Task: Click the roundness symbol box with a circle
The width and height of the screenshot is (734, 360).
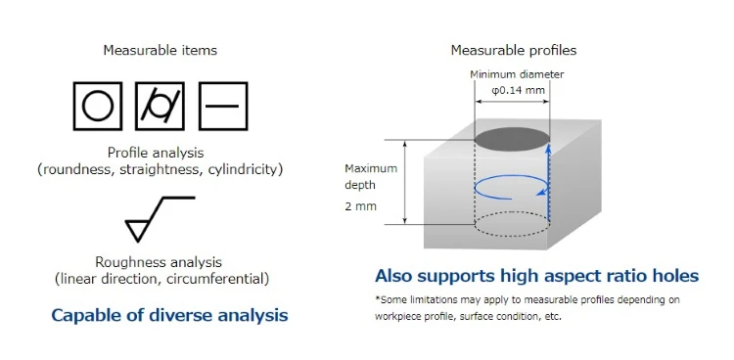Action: tap(98, 105)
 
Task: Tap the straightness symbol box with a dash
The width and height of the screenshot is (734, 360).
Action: tap(223, 105)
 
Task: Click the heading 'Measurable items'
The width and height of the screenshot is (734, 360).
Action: tap(161, 50)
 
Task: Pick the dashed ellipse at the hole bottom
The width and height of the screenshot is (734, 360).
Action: tap(512, 224)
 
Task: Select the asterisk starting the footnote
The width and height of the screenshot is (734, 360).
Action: tap(378, 299)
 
